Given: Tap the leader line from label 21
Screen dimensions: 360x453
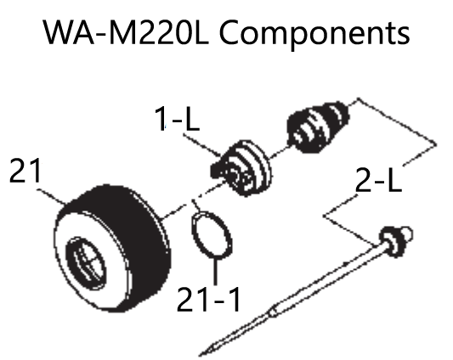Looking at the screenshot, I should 54,192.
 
